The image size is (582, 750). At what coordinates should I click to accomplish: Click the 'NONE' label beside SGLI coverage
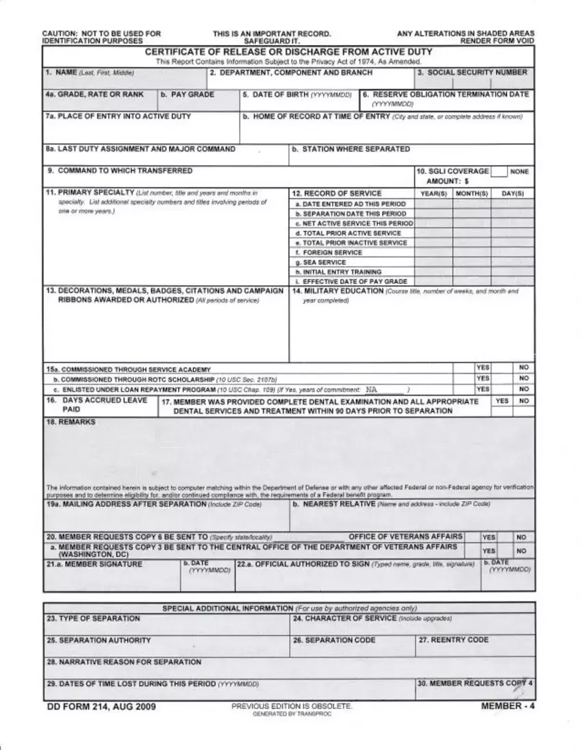click(x=520, y=172)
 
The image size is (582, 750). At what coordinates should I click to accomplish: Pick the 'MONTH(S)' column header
click(x=470, y=194)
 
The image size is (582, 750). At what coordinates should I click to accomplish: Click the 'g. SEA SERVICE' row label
click(x=320, y=262)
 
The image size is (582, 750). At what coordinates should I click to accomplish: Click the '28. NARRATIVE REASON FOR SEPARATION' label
click(x=123, y=662)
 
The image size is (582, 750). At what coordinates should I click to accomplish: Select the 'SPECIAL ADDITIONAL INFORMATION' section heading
click(x=227, y=608)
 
